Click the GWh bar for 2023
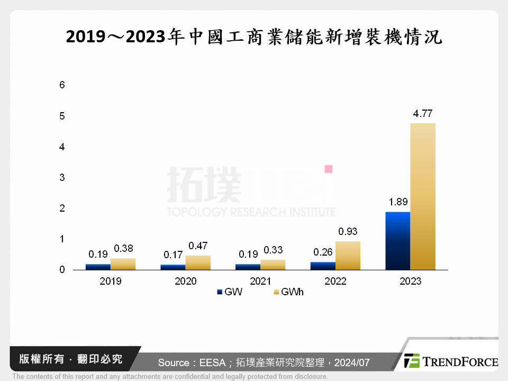[423, 196]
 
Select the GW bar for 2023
[398, 241]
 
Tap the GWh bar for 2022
[348, 256]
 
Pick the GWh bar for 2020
[198, 262]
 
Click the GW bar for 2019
[98, 267]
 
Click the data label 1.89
[398, 203]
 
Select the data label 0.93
[348, 232]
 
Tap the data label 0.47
[198, 246]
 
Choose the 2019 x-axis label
[110, 281]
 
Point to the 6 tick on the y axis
[62, 85]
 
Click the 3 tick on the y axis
[62, 177]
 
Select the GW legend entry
[229, 292]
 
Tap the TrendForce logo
[451, 361]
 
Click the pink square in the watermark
[328, 169]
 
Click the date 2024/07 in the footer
[352, 362]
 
